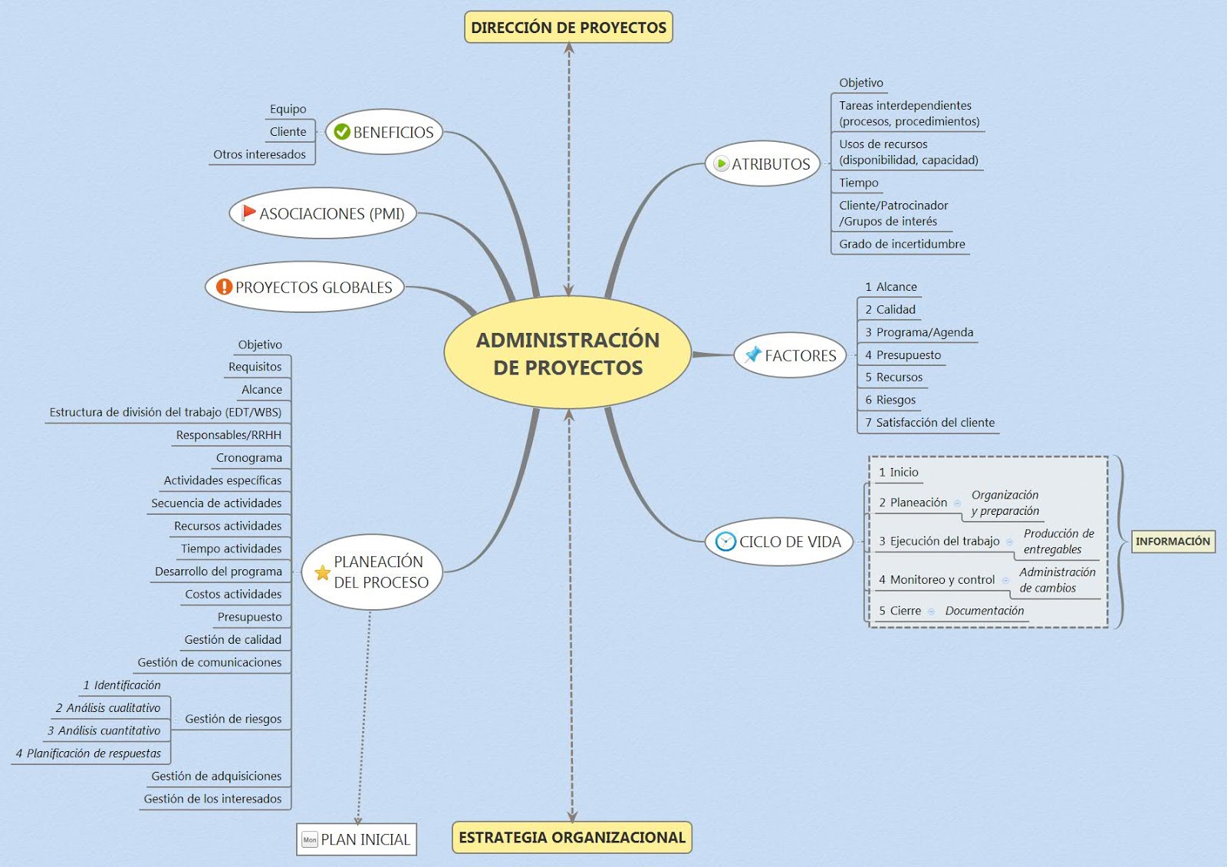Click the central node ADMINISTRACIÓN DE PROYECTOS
coord(567,353)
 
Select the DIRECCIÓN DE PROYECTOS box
coord(568,28)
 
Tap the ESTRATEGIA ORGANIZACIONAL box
coord(571,837)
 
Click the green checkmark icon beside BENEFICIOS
coord(342,132)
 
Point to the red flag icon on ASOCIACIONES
coord(248,212)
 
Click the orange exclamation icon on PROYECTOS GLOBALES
coord(224,287)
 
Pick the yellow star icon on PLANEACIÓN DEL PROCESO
coord(322,572)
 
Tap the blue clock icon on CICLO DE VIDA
coord(725,542)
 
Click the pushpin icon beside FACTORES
coord(753,354)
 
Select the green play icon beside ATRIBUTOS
coord(721,163)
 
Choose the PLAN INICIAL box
coord(357,839)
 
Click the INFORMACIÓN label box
coord(1173,541)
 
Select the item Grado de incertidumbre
coord(902,244)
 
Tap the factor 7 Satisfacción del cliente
coord(929,422)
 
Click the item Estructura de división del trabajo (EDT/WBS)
coord(166,412)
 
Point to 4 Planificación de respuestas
coord(88,753)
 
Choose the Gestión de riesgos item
coord(233,719)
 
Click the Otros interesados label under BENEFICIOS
coord(259,154)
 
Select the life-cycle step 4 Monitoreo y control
coord(936,580)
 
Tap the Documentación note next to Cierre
coord(985,611)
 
